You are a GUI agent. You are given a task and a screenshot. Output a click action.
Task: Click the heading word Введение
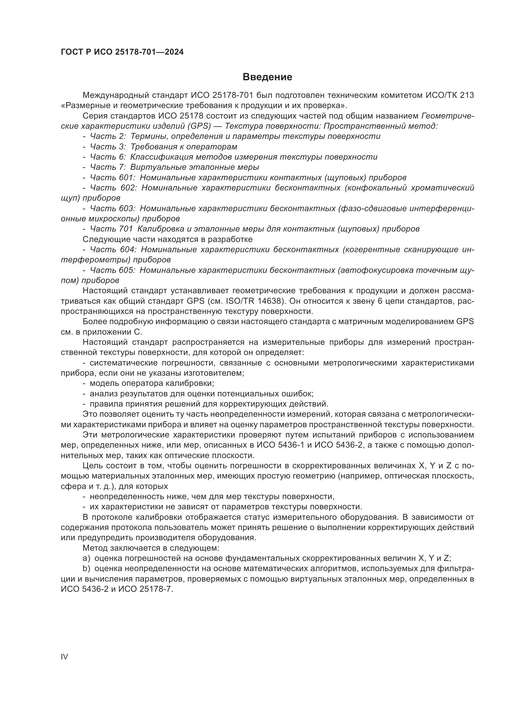[268, 77]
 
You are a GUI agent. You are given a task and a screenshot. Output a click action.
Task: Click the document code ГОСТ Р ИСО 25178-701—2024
[122, 52]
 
